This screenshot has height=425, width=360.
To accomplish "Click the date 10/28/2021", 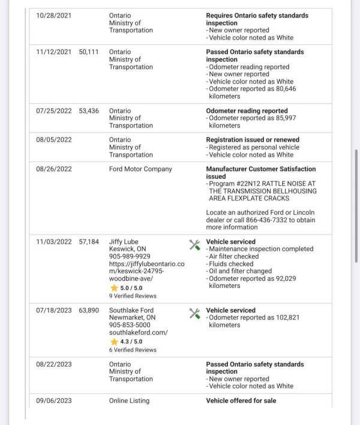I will [53, 16].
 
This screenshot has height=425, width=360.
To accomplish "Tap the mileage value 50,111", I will [89, 52].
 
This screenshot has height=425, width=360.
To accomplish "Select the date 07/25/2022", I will [53, 111].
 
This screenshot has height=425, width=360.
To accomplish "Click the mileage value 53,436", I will [89, 111].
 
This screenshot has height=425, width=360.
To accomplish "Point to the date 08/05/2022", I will [53, 140].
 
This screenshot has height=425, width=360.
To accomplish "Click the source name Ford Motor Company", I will [140, 169].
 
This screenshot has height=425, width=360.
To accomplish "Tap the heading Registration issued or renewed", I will [253, 140].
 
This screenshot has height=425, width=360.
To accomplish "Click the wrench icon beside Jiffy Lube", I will [194, 244].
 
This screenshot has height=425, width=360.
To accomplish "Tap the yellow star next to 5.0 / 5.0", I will [114, 288].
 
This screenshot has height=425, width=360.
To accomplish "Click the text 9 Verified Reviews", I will [133, 296].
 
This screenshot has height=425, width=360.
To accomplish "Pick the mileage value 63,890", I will [89, 310].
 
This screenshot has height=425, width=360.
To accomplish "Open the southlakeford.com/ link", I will [138, 333].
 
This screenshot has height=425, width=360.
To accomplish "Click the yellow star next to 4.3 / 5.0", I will [114, 342].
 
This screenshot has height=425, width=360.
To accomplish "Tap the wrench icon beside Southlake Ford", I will [194, 313].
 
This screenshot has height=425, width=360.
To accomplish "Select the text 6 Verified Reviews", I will [133, 350].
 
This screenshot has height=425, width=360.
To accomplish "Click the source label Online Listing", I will [129, 400].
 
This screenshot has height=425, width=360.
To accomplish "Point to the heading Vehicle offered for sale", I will [241, 400].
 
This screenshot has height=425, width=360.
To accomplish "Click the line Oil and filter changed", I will [239, 271].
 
